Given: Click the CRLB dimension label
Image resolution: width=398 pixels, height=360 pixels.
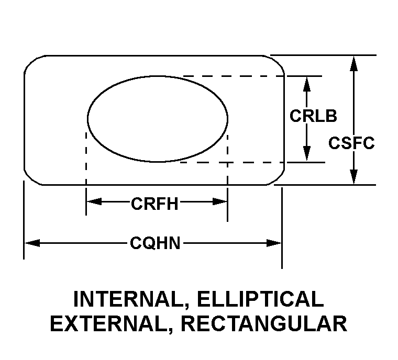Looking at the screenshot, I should coord(313,116).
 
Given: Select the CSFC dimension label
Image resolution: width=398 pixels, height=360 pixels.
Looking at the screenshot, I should coord(351,143).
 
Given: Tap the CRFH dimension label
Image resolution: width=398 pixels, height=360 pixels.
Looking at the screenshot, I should coord(154,203).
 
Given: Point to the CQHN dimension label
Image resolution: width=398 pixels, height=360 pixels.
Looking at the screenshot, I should coord(155,243).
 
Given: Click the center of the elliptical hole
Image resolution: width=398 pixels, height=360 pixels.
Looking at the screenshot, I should coord(158,118).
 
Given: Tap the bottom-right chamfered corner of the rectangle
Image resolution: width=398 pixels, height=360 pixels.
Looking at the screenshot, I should coord(278,178).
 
